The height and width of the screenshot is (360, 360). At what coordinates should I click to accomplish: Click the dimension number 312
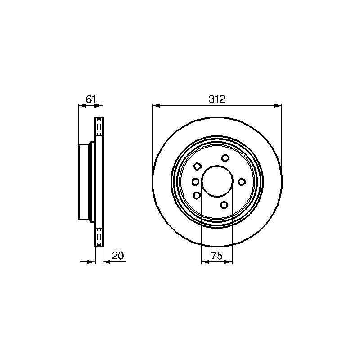[217, 99]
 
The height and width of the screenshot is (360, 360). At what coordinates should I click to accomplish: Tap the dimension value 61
[91, 99]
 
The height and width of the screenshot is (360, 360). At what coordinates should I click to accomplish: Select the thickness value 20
[118, 256]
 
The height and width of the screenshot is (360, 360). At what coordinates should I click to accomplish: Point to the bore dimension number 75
[217, 256]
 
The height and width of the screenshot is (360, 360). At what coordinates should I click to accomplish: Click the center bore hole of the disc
[217, 181]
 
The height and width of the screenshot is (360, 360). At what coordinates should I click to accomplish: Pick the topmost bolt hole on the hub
[225, 158]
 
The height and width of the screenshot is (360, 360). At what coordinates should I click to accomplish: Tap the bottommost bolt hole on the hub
[224, 205]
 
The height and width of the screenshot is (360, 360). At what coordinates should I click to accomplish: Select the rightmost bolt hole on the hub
[242, 182]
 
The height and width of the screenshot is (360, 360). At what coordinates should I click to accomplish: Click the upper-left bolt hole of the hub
[198, 166]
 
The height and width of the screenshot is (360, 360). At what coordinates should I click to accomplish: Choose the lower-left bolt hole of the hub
[197, 195]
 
